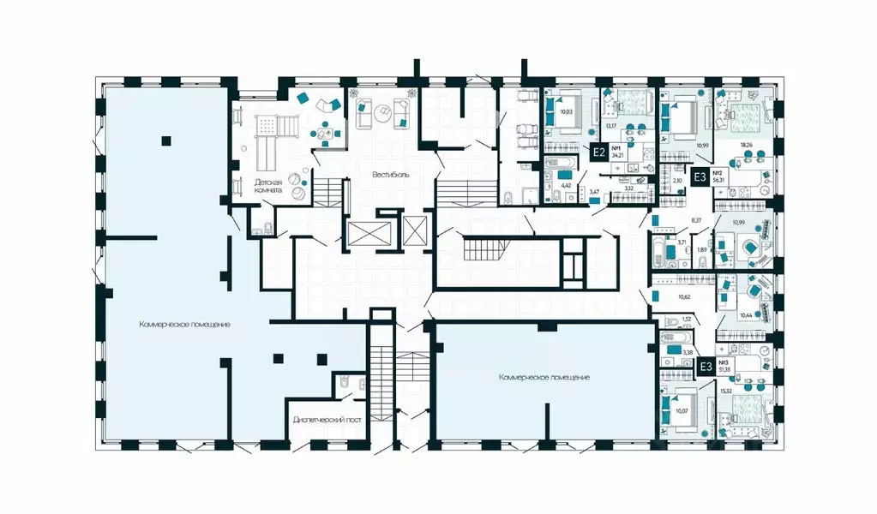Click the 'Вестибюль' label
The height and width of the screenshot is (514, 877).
click(x=390, y=174)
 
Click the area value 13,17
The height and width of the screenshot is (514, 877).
click(x=611, y=125)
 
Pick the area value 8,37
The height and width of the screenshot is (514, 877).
click(x=696, y=220)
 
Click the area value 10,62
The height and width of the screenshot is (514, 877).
click(x=684, y=296)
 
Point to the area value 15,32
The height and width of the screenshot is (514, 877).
click(x=725, y=391)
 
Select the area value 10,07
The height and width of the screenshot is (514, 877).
click(x=682, y=410)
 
